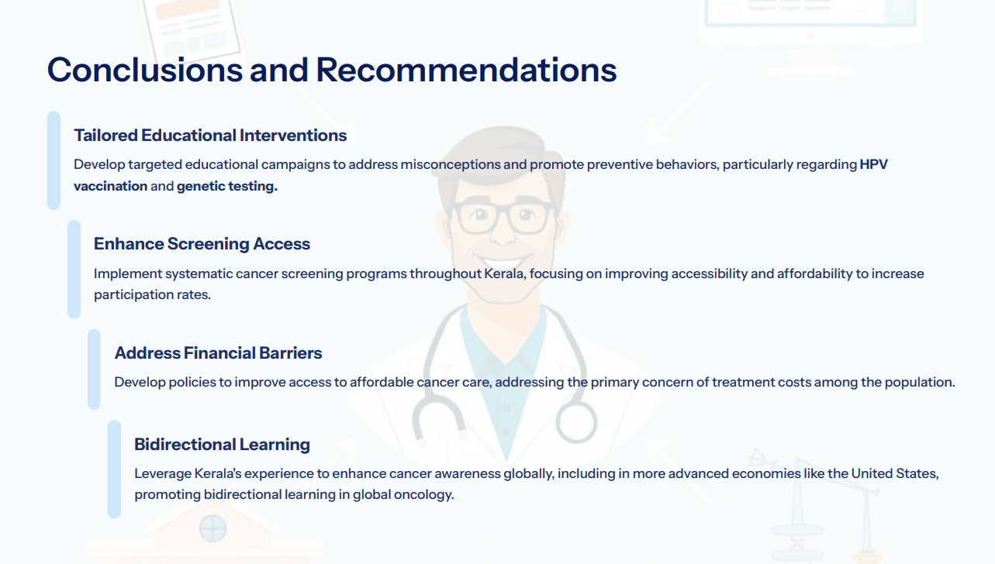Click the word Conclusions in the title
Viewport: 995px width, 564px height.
coord(145,70)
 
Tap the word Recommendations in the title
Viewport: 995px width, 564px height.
coord(466,70)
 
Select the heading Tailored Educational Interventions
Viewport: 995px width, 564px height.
coord(210,136)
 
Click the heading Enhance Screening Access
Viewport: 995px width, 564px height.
coord(202,244)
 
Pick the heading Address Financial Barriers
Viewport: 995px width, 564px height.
coord(218,352)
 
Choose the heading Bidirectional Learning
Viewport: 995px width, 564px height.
coord(222,444)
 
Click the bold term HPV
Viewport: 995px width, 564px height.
coord(874,165)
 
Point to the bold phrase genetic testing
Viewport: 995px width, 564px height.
coord(227,187)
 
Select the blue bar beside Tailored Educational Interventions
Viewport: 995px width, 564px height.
coord(54,160)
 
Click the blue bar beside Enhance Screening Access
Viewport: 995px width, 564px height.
coord(74,270)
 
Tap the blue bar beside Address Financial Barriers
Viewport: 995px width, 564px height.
coord(94,370)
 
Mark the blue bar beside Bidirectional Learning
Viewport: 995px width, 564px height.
coord(114,469)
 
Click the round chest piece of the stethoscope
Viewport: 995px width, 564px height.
coord(576,422)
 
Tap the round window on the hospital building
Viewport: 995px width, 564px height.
coord(212,528)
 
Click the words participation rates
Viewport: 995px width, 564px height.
coord(152,295)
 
